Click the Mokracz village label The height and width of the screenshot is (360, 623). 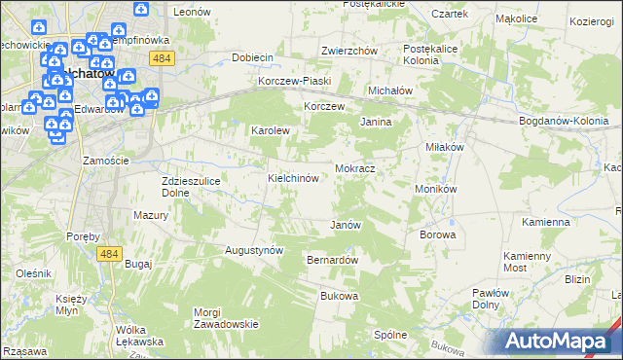pos(355,168)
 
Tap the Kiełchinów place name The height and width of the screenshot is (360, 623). pos(294,179)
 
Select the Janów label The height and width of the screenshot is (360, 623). pos(346,225)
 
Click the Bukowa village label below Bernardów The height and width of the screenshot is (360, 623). pos(339,296)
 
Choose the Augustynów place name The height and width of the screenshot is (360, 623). pos(254,250)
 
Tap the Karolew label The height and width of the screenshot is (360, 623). pos(272,129)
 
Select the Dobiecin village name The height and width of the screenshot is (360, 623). pos(252,57)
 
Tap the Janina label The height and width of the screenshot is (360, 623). pos(376,123)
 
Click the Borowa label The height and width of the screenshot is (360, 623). pos(437,234)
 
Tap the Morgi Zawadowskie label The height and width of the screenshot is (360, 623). pos(225,318)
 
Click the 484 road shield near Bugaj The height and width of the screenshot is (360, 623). pos(109,253)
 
